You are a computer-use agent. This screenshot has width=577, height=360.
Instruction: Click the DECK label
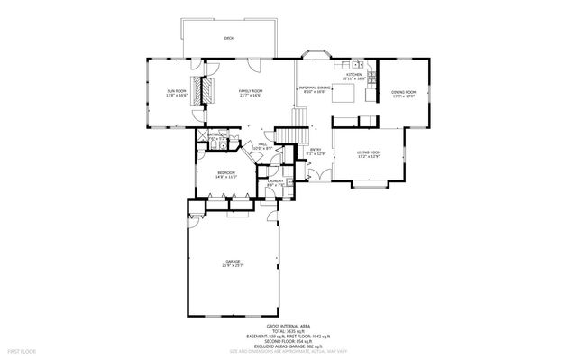pyautogui.click(x=229, y=39)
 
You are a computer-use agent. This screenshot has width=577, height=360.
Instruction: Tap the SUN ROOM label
pyautogui.click(x=176, y=93)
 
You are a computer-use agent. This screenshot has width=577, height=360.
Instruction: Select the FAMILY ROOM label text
pyautogui.click(x=250, y=93)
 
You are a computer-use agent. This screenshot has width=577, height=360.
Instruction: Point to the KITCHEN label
pyautogui.click(x=354, y=76)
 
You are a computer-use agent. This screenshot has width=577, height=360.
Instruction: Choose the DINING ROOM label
pyautogui.click(x=403, y=93)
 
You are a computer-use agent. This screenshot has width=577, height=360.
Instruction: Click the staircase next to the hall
pyautogui.click(x=288, y=135)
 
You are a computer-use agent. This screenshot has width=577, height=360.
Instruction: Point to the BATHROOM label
pyautogui.click(x=217, y=136)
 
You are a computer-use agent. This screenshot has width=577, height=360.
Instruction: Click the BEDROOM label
pyautogui.click(x=225, y=174)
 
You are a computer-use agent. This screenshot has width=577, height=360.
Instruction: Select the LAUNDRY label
pyautogui.click(x=275, y=182)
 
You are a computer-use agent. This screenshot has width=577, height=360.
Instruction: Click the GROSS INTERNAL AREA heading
pyautogui.click(x=288, y=326)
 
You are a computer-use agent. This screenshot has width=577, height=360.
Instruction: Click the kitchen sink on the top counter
pyautogui.click(x=359, y=65)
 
